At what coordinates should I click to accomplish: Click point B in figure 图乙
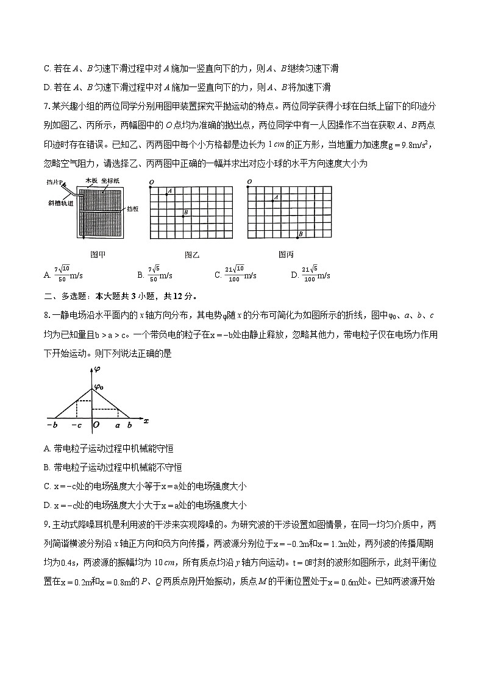pyautogui.click(x=183, y=216)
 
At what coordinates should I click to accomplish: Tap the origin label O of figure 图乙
pyautogui.click(x=150, y=183)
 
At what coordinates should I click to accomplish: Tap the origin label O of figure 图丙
pyautogui.click(x=250, y=182)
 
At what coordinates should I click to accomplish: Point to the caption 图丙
pyautogui.click(x=286, y=255)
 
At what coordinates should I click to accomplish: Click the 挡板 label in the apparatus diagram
pyautogui.click(x=133, y=209)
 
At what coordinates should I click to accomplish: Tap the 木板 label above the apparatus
pyautogui.click(x=91, y=181)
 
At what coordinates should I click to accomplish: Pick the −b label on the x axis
pyautogui.click(x=51, y=425)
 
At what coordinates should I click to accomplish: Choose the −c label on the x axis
pyautogui.click(x=77, y=425)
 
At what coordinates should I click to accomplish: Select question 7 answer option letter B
pyautogui.click(x=140, y=275)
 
